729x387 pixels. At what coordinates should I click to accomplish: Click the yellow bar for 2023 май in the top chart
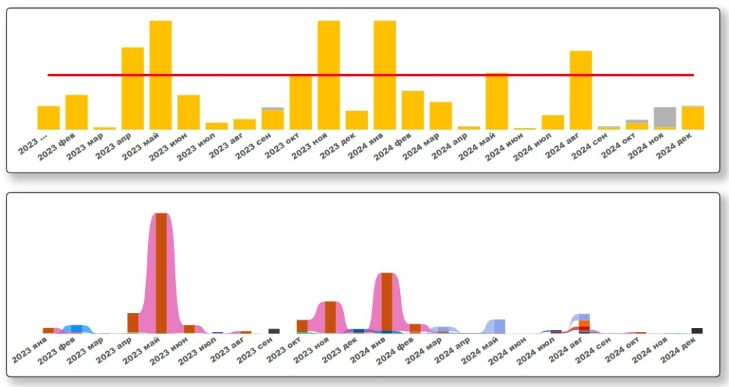pyautogui.click(x=160, y=75)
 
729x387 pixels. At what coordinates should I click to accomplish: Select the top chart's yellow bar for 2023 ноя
pyautogui.click(x=328, y=75)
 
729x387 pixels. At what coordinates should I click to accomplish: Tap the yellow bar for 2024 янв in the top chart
pyautogui.click(x=384, y=75)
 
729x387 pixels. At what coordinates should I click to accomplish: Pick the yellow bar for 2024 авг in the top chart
pyautogui.click(x=581, y=90)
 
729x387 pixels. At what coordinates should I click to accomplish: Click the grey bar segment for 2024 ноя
pyautogui.click(x=665, y=116)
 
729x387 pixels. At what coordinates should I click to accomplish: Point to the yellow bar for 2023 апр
pyautogui.click(x=132, y=88)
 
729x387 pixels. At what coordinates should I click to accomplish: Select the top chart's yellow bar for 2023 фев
pyautogui.click(x=77, y=112)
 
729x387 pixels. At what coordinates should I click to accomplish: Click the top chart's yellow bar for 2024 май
pyautogui.click(x=497, y=101)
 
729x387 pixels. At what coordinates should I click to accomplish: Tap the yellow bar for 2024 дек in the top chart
pyautogui.click(x=693, y=118)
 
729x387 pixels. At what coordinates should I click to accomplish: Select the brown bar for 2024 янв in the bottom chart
pyautogui.click(x=387, y=303)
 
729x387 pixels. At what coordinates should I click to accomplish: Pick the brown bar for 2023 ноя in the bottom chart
pyautogui.click(x=330, y=317)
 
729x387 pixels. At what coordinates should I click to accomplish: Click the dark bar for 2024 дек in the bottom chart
pyautogui.click(x=697, y=331)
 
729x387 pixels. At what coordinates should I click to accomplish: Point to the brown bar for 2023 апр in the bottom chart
pyautogui.click(x=133, y=323)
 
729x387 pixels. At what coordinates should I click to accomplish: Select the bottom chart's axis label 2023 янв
pyautogui.click(x=32, y=350)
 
